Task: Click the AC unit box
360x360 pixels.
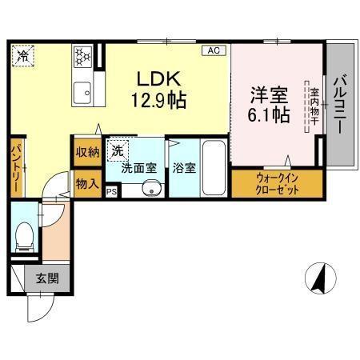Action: [213, 50]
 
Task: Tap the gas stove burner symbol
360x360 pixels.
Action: [82, 56]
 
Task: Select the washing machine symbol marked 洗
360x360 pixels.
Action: [117, 150]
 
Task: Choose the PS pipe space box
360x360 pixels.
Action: [111, 191]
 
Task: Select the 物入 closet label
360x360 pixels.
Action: [87, 183]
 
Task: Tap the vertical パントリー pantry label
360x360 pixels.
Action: [16, 168]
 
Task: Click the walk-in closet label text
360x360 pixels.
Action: [277, 183]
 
